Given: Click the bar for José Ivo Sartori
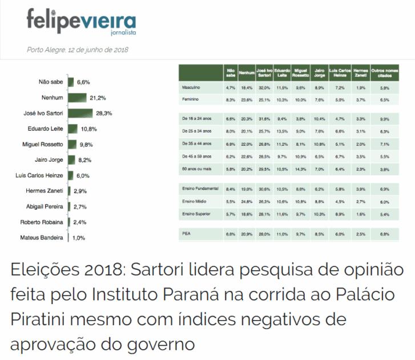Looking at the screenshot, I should (x=80, y=113).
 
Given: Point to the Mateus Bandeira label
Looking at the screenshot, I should (x=42, y=238).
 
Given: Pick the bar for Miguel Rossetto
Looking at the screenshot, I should (x=73, y=144).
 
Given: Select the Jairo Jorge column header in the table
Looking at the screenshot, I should (x=319, y=73).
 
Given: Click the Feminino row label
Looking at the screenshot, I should (x=190, y=99).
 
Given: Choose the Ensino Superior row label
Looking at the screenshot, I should (x=196, y=214).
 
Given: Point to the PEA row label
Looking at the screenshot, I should (x=186, y=234).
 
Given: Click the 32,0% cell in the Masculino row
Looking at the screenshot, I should (x=263, y=87).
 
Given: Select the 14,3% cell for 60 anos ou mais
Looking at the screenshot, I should (x=300, y=169).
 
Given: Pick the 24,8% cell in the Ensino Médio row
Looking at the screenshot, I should (x=247, y=202).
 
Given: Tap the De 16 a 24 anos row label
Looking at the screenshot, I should (x=196, y=118).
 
